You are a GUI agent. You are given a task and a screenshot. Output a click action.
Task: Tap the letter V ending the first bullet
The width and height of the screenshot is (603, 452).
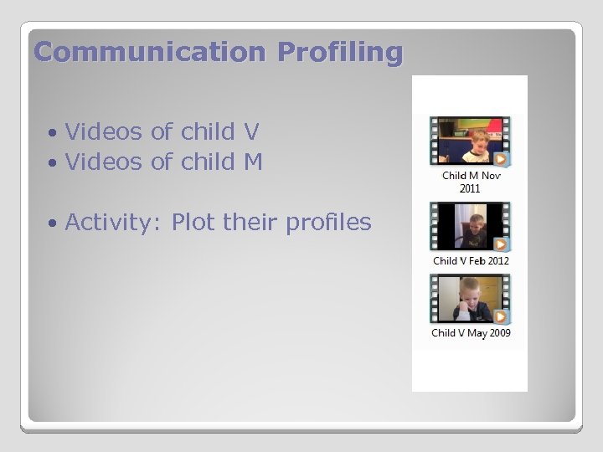250,131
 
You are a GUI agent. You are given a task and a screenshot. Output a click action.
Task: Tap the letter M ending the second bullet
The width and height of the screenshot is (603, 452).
253,162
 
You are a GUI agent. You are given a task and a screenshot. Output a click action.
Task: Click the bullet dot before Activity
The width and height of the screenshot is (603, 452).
53,223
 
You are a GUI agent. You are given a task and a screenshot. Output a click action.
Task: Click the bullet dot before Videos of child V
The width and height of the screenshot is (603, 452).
53,133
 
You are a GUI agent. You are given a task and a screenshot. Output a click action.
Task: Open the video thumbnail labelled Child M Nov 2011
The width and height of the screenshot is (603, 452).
470,141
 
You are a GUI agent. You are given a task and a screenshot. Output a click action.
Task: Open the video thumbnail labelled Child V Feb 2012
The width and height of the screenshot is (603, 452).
470,226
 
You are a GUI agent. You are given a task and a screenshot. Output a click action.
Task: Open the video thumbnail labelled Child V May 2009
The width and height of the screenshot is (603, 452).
470,299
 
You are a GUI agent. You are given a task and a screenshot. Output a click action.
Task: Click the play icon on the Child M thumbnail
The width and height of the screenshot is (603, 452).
500,159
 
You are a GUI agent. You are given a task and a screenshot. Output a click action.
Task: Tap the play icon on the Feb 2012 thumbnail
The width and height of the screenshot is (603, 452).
500,244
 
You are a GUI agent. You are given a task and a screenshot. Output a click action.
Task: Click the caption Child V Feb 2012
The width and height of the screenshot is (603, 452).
471,261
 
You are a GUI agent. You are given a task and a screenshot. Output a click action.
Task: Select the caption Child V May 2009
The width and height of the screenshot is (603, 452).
471,333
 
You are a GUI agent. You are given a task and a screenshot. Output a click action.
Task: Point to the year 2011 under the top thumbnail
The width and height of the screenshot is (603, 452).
470,188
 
